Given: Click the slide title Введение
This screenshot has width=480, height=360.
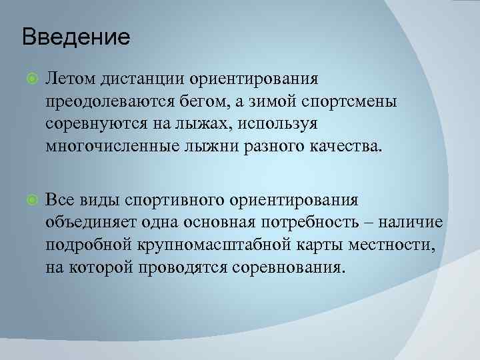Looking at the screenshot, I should (76, 36).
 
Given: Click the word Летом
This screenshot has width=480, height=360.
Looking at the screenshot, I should (70, 79).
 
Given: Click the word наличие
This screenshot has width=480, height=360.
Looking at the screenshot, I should (419, 222).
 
